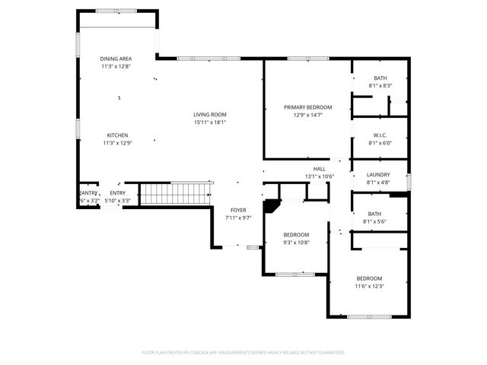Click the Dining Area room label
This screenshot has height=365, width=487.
[116, 59]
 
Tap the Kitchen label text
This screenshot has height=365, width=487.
[116, 135]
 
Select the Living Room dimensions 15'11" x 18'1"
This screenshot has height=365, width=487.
[209, 122]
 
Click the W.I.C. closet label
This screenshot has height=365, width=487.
[380, 135]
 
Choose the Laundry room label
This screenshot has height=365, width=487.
[378, 174]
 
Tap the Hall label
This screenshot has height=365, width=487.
[319, 169]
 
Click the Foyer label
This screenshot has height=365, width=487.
[238, 210]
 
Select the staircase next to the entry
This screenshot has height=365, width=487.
[176, 193]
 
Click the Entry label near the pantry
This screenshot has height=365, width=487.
[117, 193]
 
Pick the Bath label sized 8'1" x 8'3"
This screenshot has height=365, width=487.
[380, 78]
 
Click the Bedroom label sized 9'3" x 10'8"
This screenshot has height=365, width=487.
[296, 234]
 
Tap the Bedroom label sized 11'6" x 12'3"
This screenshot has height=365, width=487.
[369, 278]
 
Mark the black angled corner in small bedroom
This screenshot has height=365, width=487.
[270, 205]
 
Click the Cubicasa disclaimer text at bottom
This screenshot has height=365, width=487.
[243, 352]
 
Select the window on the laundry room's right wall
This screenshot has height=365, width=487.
[409, 182]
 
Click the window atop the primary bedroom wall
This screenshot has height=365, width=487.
[308, 59]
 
